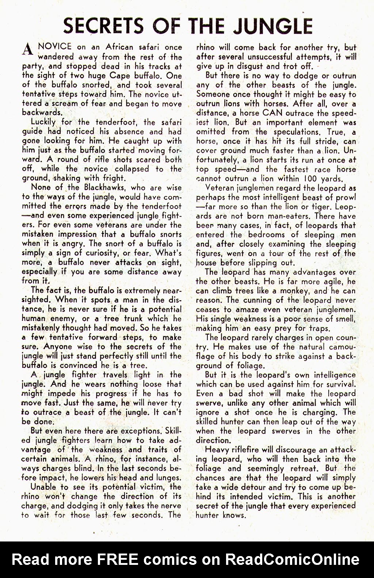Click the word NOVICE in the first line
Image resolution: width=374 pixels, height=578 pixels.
coord(55,47)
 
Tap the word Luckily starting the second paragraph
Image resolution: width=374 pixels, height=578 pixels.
coord(43,122)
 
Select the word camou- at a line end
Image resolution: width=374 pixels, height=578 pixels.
coord(342,347)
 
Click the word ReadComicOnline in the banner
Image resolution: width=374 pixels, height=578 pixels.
coord(292,559)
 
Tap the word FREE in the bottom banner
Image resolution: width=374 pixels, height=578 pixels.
coord(117,559)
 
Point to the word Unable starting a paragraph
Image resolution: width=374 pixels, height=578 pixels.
coord(43,487)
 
